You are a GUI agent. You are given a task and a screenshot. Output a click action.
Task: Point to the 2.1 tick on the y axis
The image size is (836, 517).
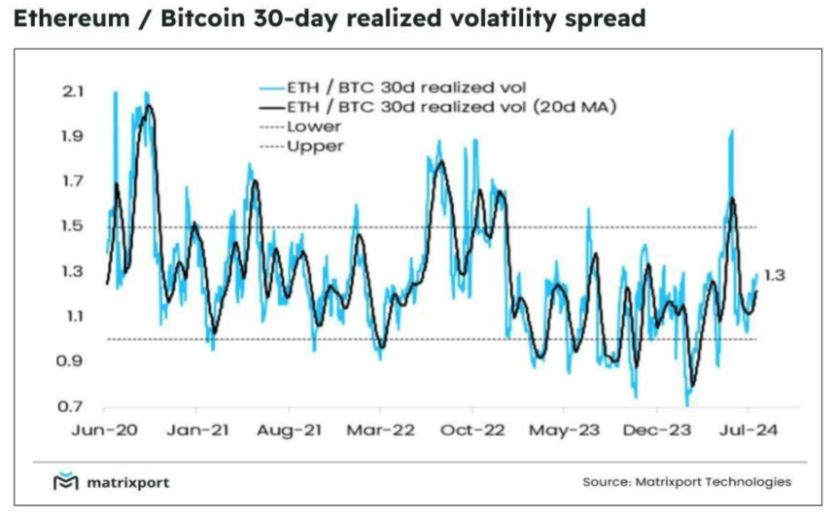click(x=74, y=91)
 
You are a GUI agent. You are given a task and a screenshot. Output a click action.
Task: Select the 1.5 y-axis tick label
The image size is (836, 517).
click(x=74, y=226)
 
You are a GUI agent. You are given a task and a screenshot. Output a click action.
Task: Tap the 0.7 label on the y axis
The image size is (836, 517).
click(x=74, y=406)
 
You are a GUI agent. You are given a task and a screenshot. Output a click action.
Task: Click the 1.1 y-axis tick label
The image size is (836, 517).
click(x=74, y=316)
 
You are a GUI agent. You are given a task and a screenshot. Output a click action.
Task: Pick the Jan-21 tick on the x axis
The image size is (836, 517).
click(x=197, y=428)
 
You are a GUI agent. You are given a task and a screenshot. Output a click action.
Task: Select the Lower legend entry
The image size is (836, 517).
click(x=309, y=126)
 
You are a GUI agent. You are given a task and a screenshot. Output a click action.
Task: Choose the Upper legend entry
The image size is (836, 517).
click(x=311, y=146)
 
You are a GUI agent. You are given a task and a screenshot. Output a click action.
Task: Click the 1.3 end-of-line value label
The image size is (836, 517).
click(x=774, y=276)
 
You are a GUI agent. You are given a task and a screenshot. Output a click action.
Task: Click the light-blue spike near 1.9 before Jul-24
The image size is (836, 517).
click(x=730, y=131)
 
